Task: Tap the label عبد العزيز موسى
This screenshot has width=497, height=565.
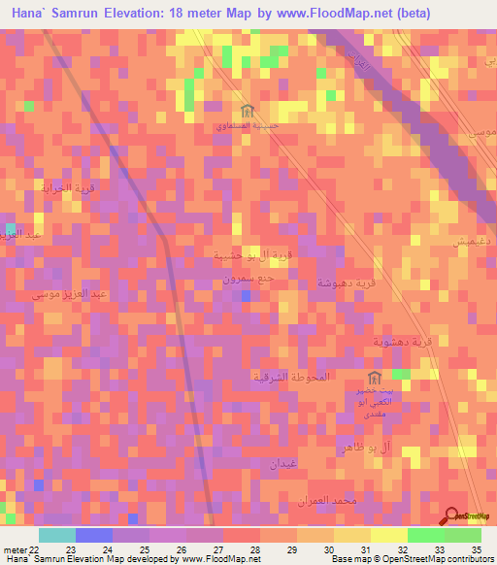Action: [61, 292]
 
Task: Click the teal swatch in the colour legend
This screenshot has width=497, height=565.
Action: [56, 535]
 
